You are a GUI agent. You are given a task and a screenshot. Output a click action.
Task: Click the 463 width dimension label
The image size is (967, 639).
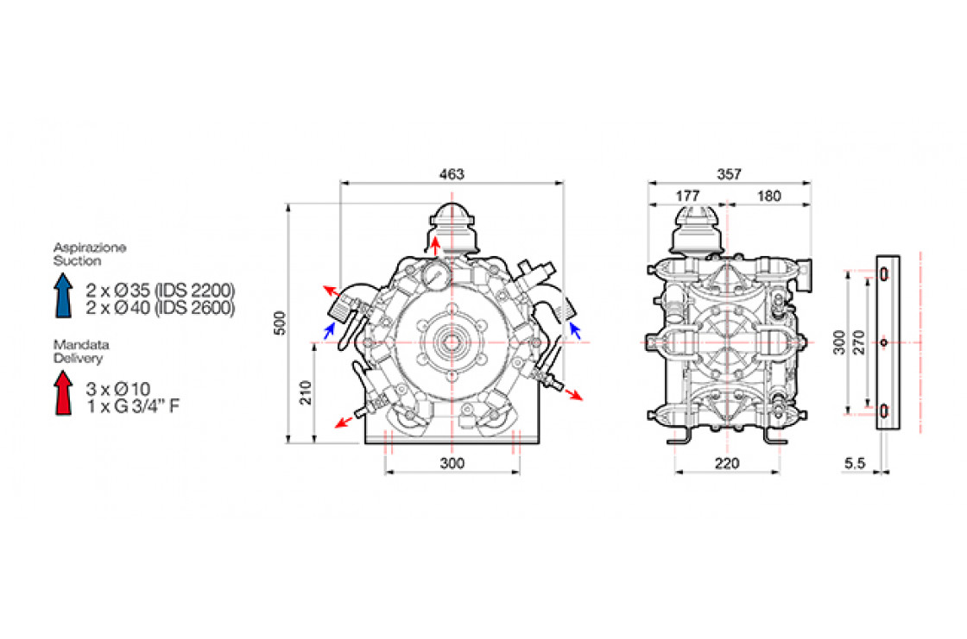(x=452, y=174)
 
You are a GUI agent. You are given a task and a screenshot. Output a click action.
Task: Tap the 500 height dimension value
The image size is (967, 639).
(x=280, y=323)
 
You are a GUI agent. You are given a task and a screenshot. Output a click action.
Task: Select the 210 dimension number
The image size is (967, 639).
(x=306, y=392)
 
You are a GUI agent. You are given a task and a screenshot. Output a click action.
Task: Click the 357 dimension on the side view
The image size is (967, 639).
(x=729, y=174)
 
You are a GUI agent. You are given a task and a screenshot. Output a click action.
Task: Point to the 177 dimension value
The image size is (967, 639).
(x=687, y=196)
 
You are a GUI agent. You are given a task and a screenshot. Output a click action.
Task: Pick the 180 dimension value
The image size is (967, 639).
(x=768, y=196)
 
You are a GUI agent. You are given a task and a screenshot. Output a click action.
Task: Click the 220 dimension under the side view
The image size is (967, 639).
(x=726, y=463)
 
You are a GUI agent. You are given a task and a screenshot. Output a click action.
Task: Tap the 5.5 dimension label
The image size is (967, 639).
(x=855, y=463)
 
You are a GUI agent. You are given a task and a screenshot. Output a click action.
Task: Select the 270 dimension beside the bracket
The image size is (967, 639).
(x=858, y=342)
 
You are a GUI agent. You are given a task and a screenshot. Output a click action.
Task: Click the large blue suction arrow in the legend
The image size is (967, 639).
(x=63, y=295)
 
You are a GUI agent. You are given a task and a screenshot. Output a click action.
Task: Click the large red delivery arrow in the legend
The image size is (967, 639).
(x=63, y=392)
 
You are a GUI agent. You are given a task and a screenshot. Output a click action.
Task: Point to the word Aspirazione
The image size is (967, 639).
(x=90, y=247)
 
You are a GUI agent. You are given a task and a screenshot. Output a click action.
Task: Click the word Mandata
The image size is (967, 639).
(x=81, y=344)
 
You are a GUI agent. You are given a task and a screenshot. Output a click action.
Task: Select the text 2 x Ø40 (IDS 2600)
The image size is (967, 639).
(x=161, y=308)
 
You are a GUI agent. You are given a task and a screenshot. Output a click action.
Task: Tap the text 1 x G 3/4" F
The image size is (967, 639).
(x=133, y=406)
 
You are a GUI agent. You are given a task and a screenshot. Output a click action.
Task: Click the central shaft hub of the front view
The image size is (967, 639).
(x=451, y=342)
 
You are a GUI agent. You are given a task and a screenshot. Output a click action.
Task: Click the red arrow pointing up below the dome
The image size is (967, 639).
(x=435, y=246)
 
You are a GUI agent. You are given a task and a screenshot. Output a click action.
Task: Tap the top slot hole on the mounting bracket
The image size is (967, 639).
(x=884, y=274)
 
